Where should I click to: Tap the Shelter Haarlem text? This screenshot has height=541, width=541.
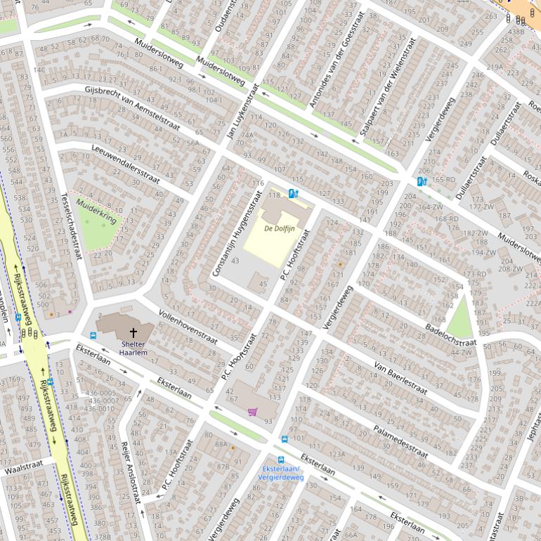[133, 348]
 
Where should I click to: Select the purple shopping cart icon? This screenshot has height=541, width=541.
[252, 412]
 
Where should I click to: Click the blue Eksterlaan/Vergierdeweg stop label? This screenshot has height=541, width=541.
[281, 473]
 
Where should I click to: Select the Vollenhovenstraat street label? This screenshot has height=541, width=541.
[189, 322]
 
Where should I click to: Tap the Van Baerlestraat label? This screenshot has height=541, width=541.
[400, 378]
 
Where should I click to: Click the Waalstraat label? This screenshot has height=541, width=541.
[27, 466]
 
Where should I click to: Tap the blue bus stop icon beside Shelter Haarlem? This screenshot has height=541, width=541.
[93, 336]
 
